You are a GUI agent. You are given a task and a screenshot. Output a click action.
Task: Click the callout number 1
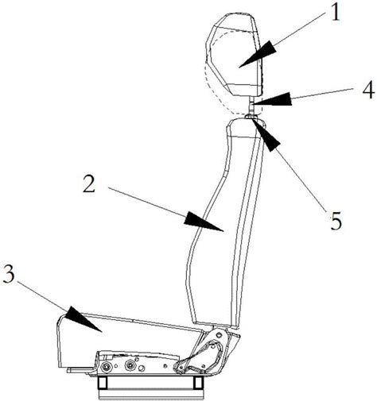335,13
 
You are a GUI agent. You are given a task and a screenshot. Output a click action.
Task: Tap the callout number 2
89,183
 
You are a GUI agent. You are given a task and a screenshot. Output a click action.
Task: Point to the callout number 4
368,90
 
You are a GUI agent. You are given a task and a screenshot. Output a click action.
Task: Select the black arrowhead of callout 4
272,98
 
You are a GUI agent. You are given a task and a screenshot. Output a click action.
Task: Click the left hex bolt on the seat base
107,366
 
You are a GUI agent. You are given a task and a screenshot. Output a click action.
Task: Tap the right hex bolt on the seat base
130,365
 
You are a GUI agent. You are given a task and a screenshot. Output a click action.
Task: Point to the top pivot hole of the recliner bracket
219,335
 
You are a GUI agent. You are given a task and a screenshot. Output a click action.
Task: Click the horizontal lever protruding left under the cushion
81,370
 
